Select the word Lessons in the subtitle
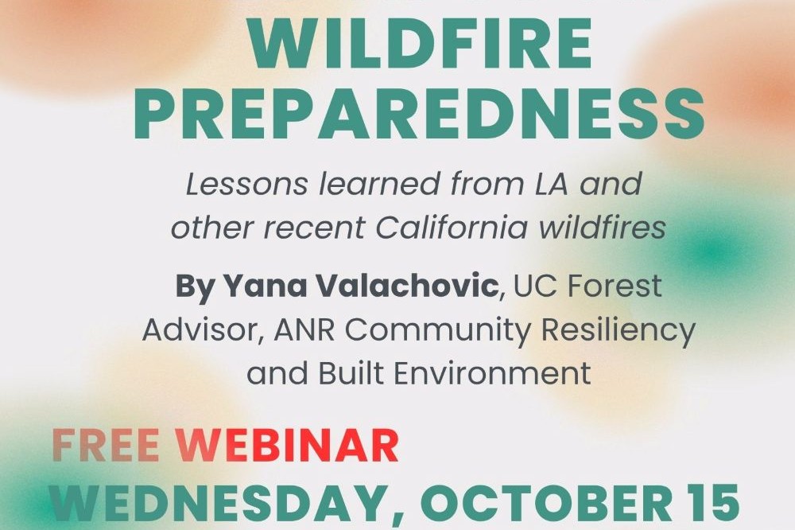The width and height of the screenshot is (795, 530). (247, 184)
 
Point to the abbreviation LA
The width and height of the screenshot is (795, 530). (549, 184)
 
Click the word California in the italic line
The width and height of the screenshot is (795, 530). (452, 228)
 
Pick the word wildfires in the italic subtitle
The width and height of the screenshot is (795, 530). (602, 228)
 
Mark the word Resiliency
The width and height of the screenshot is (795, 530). (618, 331)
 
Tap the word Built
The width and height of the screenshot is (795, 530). (351, 373)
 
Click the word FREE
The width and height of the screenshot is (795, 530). (106, 446)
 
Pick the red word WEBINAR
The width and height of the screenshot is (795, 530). (287, 446)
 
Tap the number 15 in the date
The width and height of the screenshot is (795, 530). (710, 501)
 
